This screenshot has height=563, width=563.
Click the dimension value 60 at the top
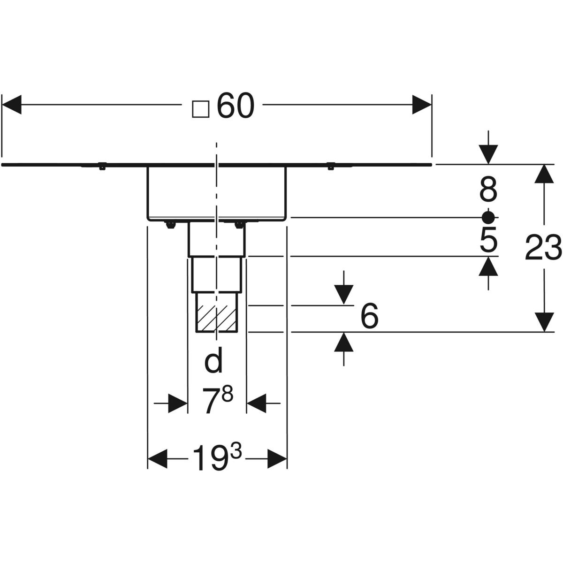[235, 107]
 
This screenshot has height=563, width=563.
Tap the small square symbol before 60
[200, 108]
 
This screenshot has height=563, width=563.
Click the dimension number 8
[488, 191]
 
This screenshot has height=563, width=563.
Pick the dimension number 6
[369, 318]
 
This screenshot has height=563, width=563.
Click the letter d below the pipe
[214, 362]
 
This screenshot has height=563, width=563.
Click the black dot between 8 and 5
[488, 217]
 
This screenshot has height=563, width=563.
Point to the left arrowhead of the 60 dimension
[12, 104]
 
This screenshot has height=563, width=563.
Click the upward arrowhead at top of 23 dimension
[544, 174]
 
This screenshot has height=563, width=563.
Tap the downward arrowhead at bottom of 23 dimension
[544, 322]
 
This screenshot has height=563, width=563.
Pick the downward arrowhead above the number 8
[488, 154]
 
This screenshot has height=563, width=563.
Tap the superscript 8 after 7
[228, 396]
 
